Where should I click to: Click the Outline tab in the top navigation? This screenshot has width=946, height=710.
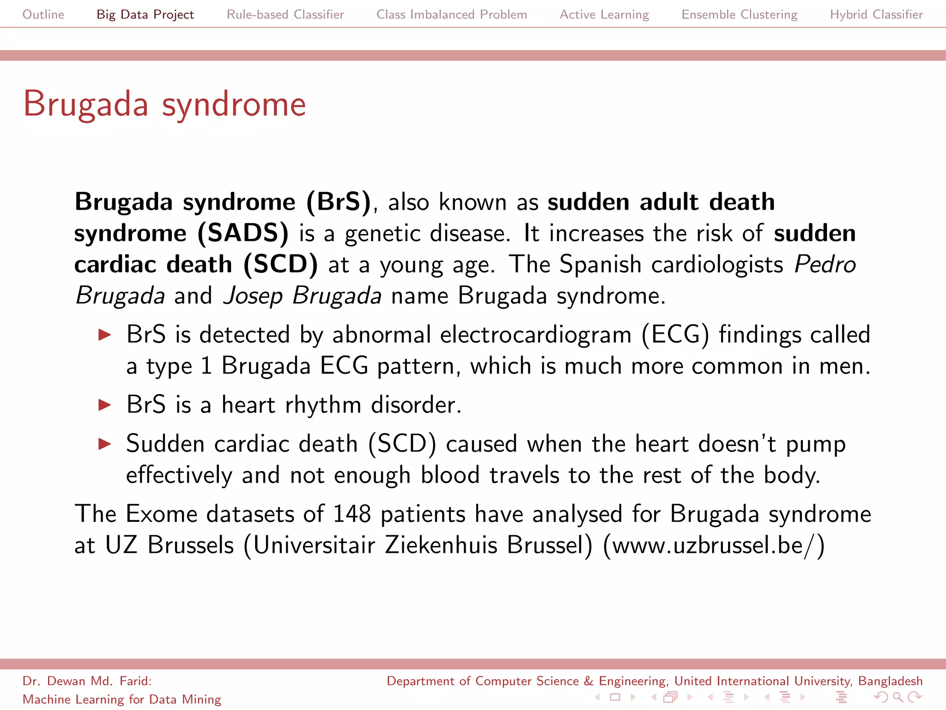(43, 14)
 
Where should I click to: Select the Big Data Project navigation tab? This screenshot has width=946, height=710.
(145, 14)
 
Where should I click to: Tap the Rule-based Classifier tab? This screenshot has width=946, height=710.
(285, 14)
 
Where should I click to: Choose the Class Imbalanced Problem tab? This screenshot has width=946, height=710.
(451, 14)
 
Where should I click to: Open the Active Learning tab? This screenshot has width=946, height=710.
(604, 14)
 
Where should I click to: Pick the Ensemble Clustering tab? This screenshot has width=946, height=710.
(739, 14)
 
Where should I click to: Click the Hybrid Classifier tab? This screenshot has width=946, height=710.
(876, 14)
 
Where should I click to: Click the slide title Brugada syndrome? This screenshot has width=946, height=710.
(164, 104)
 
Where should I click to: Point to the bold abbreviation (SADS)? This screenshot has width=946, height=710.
(243, 233)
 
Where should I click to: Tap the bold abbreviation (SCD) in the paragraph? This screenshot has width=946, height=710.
(280, 264)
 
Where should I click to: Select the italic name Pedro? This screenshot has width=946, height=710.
(825, 264)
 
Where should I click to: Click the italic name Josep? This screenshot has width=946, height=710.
(252, 296)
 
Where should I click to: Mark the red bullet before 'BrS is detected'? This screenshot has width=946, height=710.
(105, 335)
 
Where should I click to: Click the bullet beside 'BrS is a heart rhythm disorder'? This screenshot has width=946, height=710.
(105, 405)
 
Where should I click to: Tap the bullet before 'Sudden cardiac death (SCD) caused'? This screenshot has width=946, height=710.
(105, 444)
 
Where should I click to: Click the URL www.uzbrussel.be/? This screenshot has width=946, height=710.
(713, 545)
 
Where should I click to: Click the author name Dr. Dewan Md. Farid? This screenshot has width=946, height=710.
(86, 681)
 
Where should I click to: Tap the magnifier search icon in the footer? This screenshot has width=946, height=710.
(897, 697)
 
